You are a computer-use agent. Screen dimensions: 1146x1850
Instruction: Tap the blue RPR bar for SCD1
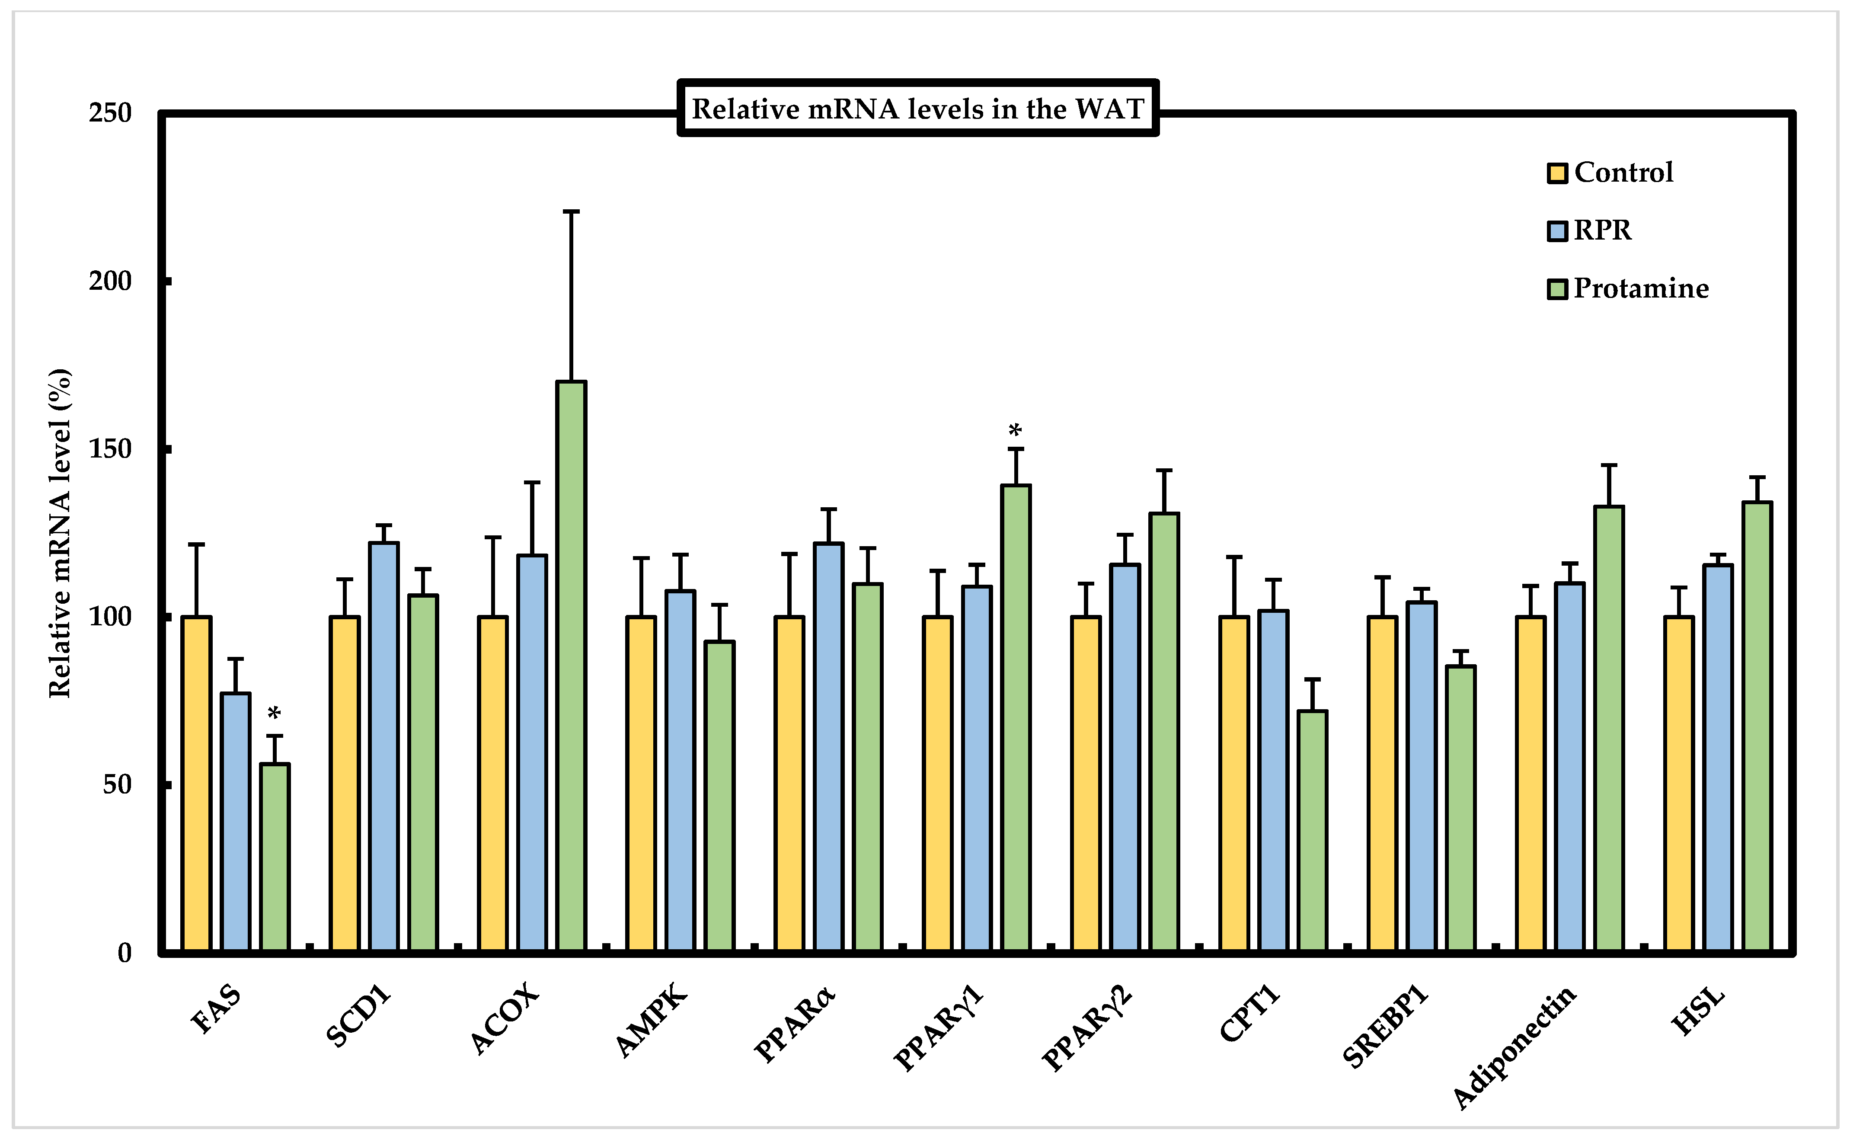(x=384, y=746)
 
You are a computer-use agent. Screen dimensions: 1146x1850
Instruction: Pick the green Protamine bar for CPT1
(x=1312, y=830)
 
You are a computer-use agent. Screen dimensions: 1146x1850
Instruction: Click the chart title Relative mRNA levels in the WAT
(x=917, y=109)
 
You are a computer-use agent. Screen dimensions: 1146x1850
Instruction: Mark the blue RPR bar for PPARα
(x=829, y=746)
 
